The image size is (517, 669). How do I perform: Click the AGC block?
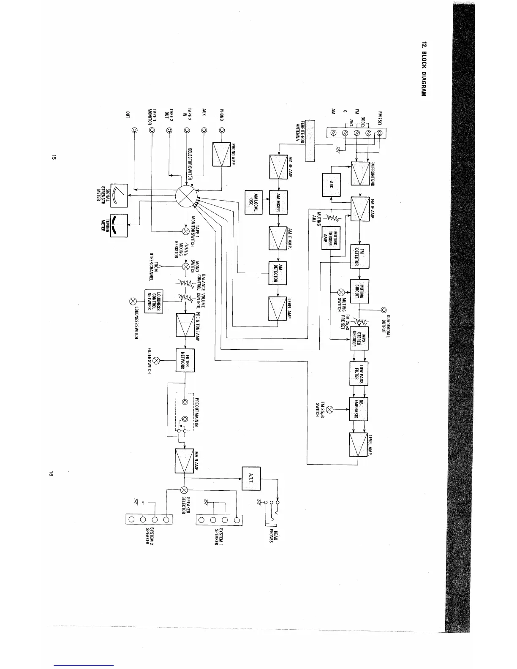(x=332, y=185)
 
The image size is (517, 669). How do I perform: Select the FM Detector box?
(x=360, y=256)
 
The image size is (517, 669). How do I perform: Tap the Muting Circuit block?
(x=360, y=291)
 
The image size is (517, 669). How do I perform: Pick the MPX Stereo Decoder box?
(x=360, y=338)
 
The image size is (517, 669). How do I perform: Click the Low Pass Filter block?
(x=359, y=373)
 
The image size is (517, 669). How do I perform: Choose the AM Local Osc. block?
(x=254, y=202)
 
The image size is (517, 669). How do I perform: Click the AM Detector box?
(x=278, y=273)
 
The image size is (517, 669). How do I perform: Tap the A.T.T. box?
(x=251, y=479)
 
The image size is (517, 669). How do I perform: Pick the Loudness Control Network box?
(x=154, y=301)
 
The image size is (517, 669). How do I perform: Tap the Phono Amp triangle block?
(x=221, y=155)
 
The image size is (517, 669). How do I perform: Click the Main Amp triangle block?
(x=185, y=461)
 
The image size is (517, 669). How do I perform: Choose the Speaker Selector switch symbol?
(x=184, y=490)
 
